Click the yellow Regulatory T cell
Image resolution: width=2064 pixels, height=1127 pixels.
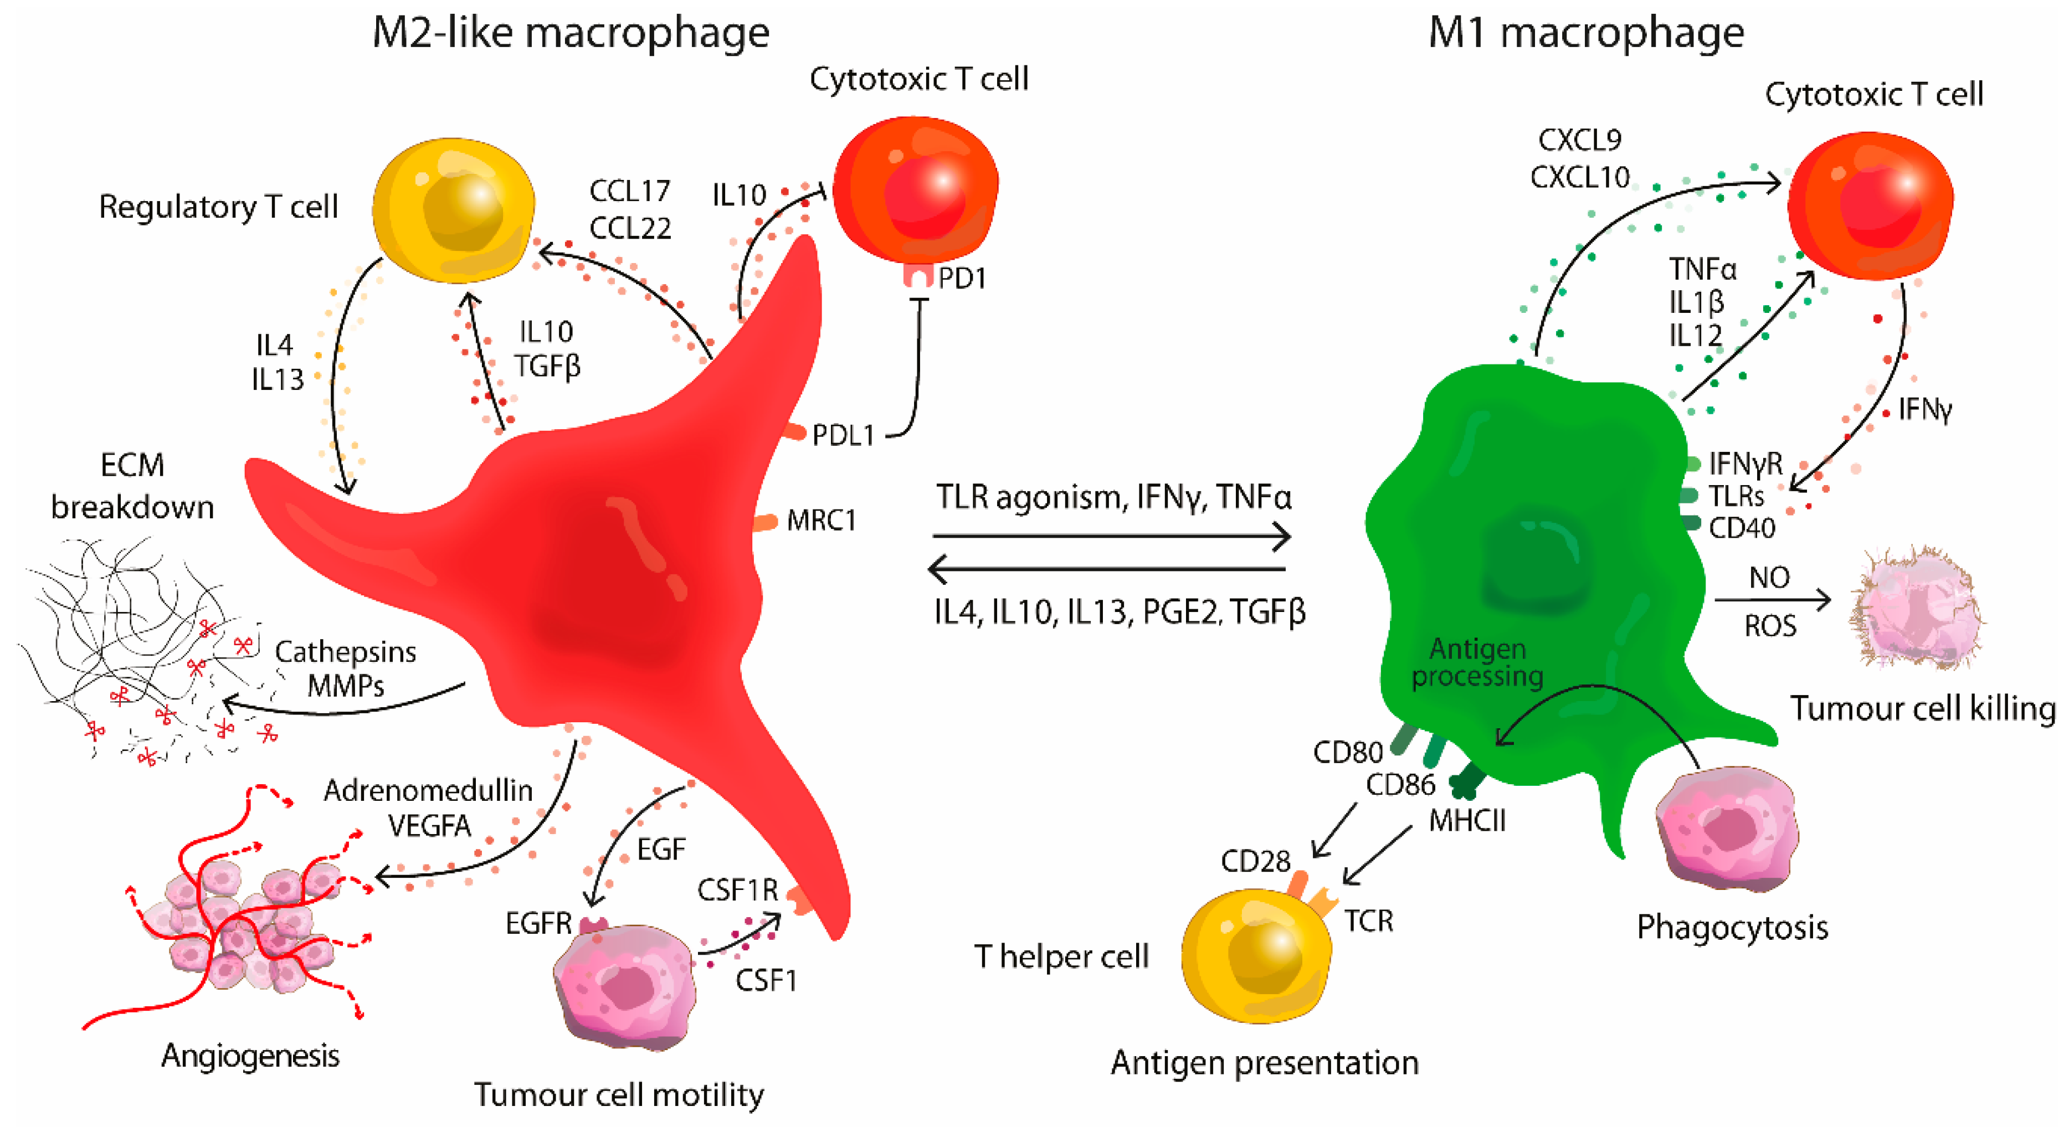(454, 210)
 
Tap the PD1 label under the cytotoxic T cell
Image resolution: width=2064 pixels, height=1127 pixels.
(962, 278)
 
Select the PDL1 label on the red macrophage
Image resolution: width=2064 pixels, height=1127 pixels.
(843, 435)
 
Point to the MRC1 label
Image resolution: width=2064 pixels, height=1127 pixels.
(822, 521)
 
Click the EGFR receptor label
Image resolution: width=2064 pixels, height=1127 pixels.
(538, 924)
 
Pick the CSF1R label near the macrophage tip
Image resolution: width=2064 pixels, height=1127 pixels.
(737, 889)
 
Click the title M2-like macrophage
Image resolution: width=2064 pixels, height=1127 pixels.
(571, 34)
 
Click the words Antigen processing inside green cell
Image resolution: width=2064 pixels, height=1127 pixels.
(1477, 662)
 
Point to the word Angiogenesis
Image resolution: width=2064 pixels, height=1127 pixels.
(250, 1056)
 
